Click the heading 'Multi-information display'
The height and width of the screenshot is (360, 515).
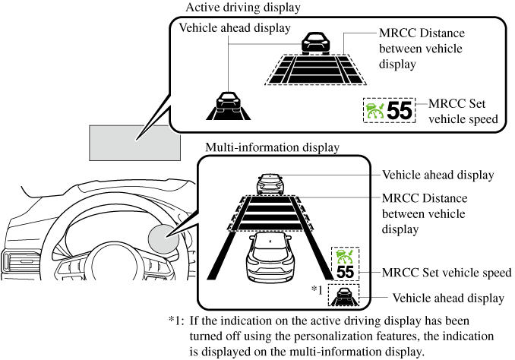[272, 147]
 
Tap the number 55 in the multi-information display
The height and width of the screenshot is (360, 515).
[346, 272]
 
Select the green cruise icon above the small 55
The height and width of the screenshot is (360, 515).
[345, 255]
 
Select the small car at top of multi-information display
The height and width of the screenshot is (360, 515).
[270, 182]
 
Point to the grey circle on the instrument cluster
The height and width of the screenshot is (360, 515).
[165, 239]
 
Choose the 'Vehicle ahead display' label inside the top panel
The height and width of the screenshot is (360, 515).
[235, 28]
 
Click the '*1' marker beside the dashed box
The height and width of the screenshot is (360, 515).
[318, 289]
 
